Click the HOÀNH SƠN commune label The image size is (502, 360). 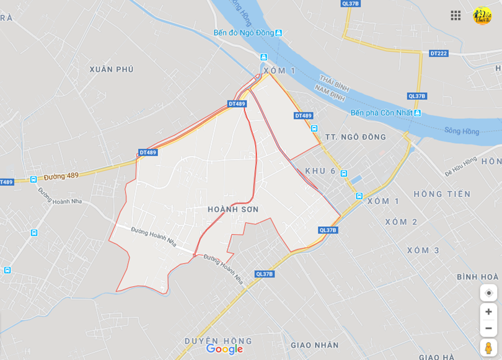pos(233,209)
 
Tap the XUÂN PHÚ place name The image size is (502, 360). pos(112,69)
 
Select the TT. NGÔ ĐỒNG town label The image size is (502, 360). pos(355,137)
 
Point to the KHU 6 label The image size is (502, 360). pos(320,171)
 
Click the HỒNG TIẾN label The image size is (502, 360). pos(442,194)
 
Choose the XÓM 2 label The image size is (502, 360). pos(401,222)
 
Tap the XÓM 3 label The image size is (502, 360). pos(423,250)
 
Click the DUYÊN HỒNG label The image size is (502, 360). pos(218,341)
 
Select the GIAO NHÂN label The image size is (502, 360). pos(315,345)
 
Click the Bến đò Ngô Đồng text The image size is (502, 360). pos(244,33)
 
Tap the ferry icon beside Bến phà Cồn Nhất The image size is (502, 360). pos(418,113)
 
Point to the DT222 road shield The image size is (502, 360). pos(438,53)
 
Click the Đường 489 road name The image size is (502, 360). pos(61,176)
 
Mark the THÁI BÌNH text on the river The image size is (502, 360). pos(335,83)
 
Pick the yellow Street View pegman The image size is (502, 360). pos(488,347)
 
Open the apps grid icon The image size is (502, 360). pos(456,15)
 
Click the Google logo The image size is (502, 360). pos(224,349)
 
